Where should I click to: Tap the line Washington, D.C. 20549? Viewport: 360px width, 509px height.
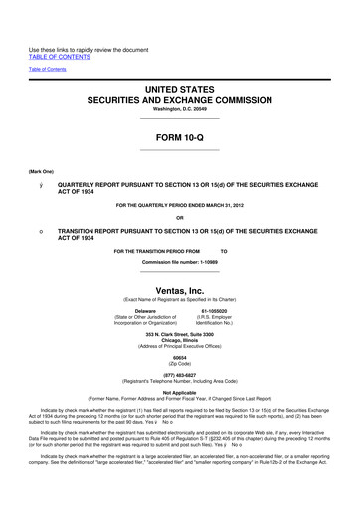179,110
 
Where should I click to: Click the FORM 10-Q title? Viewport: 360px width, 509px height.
179,138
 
